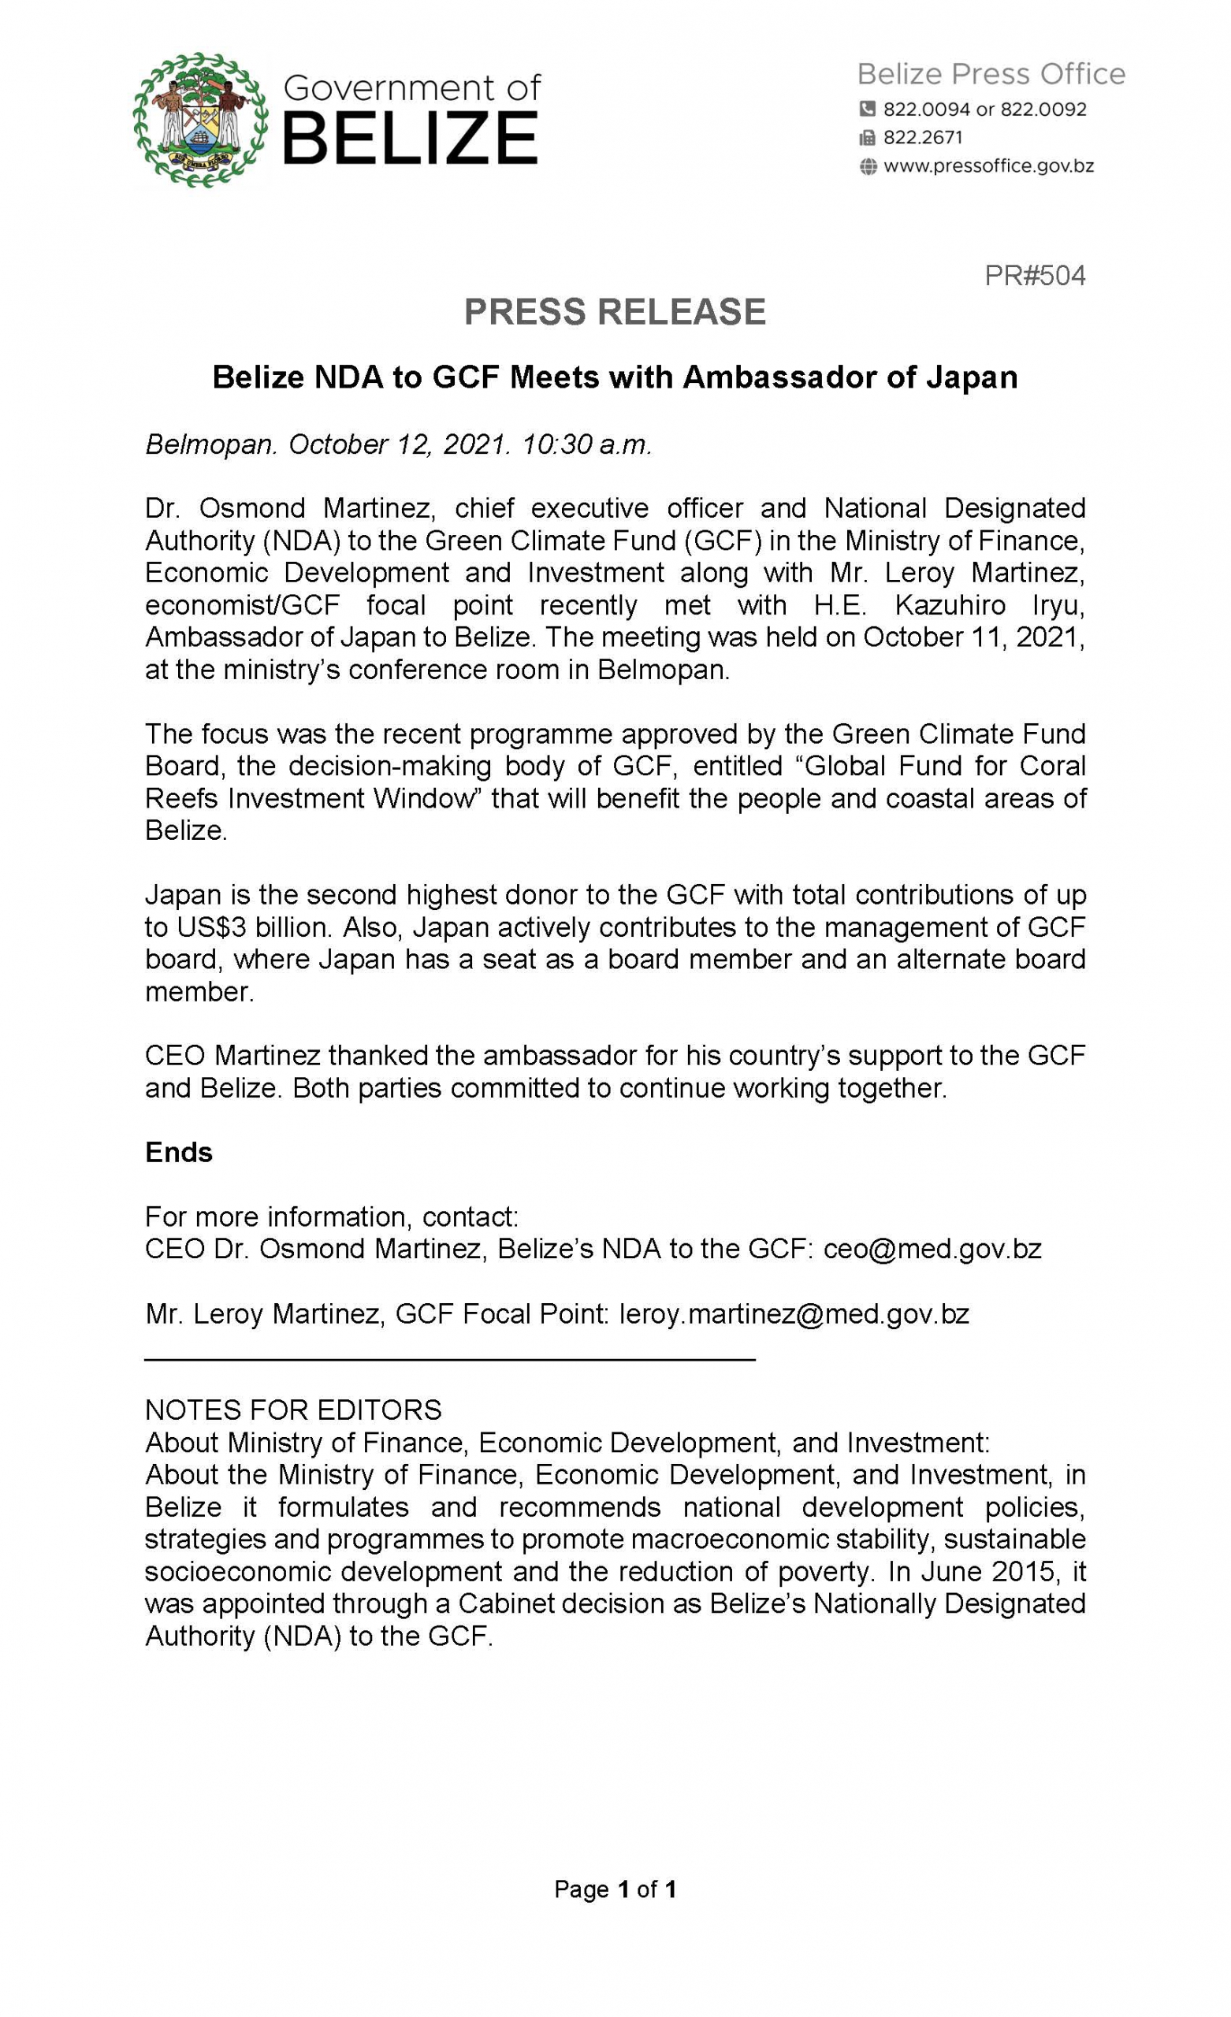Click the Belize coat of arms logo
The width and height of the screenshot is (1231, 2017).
pyautogui.click(x=201, y=121)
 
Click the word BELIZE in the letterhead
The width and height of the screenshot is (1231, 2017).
pyautogui.click(x=410, y=139)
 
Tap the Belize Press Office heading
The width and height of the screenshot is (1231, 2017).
pyautogui.click(x=991, y=75)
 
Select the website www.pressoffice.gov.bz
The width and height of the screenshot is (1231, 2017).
pyautogui.click(x=988, y=166)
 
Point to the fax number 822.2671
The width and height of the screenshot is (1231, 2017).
pyautogui.click(x=923, y=138)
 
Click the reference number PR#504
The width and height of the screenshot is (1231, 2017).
pyautogui.click(x=1035, y=276)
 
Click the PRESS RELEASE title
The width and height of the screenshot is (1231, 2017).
pyautogui.click(x=614, y=312)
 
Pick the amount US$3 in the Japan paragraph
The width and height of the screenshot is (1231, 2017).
pyautogui.click(x=210, y=927)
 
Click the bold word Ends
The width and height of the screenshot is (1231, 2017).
pyautogui.click(x=179, y=1152)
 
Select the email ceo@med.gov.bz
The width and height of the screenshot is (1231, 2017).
pyautogui.click(x=932, y=1248)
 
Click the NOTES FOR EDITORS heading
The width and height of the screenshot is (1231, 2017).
pyautogui.click(x=293, y=1410)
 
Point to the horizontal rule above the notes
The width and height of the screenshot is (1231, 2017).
pyautogui.click(x=450, y=1360)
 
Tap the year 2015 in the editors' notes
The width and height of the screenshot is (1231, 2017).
pyautogui.click(x=1025, y=1571)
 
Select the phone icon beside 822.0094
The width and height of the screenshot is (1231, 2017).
pyautogui.click(x=868, y=109)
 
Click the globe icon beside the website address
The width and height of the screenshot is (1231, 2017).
pyautogui.click(x=868, y=167)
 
